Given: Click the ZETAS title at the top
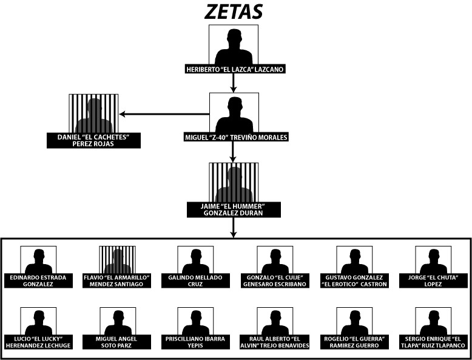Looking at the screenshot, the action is click(234, 12).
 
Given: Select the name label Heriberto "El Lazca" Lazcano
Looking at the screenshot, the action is click(235, 69).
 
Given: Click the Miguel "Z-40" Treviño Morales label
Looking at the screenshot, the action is click(236, 137).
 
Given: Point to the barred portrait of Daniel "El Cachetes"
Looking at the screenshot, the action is click(93, 114).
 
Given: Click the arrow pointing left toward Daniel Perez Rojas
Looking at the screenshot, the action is click(164, 114).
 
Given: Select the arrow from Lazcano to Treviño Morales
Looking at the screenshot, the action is click(234, 83).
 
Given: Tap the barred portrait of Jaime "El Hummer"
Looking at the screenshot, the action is click(234, 183).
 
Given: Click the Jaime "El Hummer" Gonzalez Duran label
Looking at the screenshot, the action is click(234, 209).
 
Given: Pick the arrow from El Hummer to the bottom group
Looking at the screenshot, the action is click(234, 228).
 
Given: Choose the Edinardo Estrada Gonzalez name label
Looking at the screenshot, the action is click(38, 280).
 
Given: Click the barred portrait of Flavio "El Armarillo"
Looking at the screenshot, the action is click(118, 260).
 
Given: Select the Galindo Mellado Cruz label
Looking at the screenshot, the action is click(195, 280).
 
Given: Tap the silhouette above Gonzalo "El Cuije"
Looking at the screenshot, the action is click(275, 262).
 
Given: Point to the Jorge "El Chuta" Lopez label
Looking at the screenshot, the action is click(433, 280).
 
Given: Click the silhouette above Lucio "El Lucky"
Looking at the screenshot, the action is click(39, 322).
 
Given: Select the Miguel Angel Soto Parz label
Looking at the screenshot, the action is click(117, 342).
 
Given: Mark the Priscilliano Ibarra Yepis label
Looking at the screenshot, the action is click(195, 342).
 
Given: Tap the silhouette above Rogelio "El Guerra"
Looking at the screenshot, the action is click(354, 322).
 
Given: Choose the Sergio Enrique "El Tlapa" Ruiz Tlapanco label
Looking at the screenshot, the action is click(433, 342).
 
